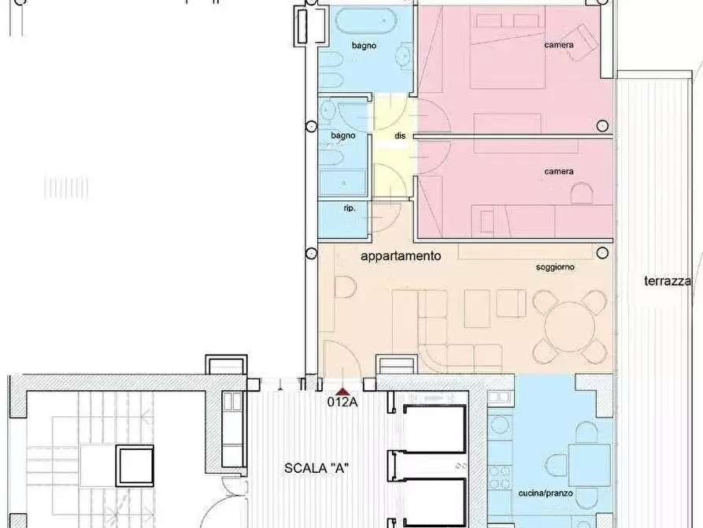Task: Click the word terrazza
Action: (x=667, y=281)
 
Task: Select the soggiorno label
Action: (x=555, y=267)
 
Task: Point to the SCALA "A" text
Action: (x=316, y=468)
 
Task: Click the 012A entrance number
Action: (x=342, y=402)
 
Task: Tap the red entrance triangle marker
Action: (x=342, y=392)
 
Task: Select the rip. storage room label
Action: (x=350, y=208)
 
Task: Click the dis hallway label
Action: (x=400, y=136)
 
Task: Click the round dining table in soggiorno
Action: (x=570, y=327)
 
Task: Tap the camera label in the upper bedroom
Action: (x=559, y=45)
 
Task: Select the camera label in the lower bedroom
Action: (x=559, y=172)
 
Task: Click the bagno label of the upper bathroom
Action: (x=364, y=46)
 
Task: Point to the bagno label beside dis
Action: (x=343, y=136)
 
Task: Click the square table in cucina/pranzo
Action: (x=589, y=466)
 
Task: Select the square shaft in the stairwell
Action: (x=135, y=466)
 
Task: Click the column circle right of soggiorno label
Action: (x=602, y=253)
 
